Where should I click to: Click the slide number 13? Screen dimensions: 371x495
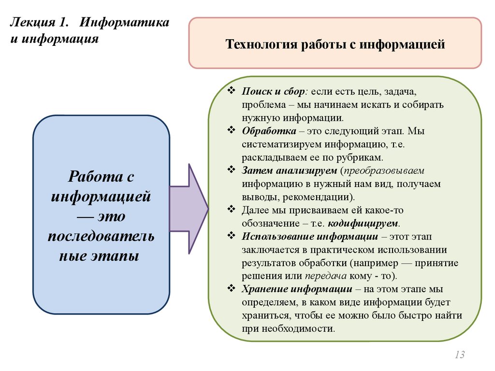459,355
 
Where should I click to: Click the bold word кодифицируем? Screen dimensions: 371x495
364,223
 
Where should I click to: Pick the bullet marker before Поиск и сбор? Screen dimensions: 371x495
231,91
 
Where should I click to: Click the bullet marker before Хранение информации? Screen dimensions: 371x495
231,289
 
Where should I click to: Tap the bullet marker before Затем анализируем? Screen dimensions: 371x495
231,170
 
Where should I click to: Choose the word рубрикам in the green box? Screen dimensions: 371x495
358,157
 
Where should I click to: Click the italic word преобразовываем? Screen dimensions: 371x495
383,171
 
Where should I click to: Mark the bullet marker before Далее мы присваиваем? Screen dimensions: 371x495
231,210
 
